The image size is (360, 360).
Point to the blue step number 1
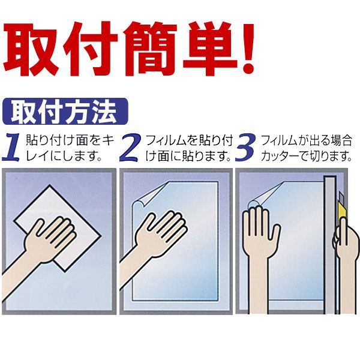coord(13,147)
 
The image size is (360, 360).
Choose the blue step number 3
coord(245,147)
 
